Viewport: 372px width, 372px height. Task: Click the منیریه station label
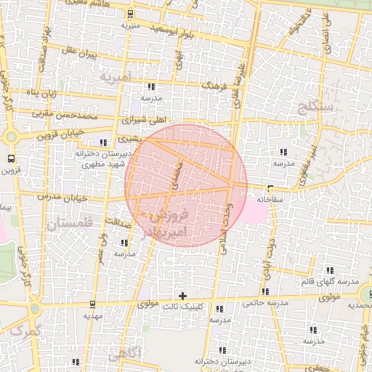[130, 25]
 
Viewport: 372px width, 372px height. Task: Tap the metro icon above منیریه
[130, 14]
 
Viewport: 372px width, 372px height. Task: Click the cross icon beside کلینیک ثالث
[182, 296]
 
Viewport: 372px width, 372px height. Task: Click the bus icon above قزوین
[11, 158]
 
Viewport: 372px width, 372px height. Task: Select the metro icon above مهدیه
[92, 304]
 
